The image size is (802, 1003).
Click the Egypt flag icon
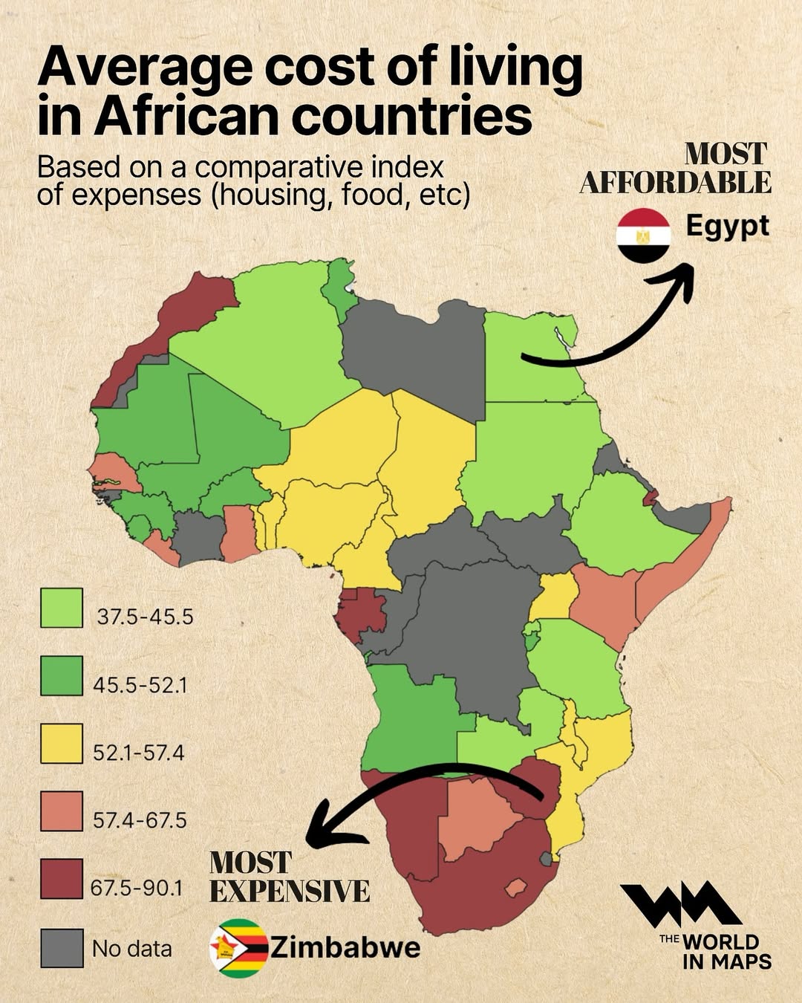[643, 236]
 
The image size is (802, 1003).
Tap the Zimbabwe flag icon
[238, 948]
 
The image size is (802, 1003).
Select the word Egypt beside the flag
[727, 226]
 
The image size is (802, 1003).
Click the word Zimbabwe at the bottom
[345, 947]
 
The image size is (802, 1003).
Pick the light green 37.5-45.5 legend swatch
[62, 608]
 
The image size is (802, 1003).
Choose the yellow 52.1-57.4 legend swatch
[62, 744]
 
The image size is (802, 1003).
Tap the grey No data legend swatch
[62, 948]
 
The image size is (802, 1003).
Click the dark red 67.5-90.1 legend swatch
[62, 879]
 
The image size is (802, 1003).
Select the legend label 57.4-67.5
[140, 820]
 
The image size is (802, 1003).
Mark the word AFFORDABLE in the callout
[675, 183]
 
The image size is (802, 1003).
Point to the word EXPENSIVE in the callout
[290, 891]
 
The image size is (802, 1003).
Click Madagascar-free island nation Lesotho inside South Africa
[515, 887]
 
